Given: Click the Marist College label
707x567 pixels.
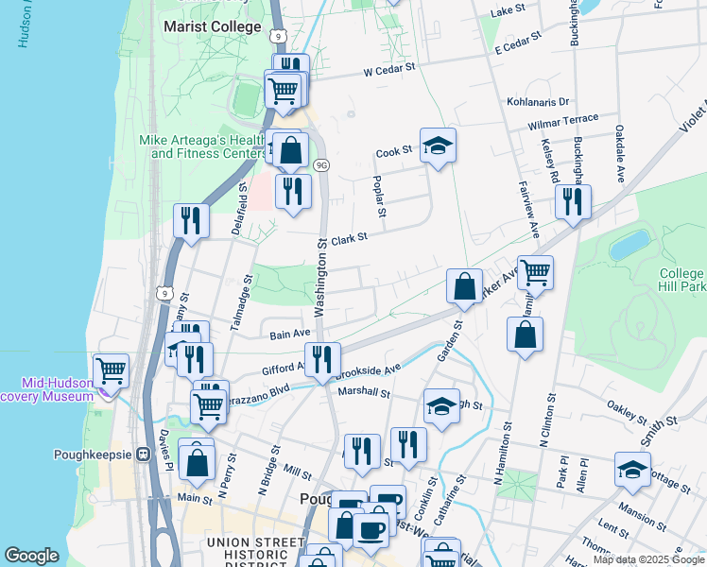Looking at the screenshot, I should [x=212, y=26].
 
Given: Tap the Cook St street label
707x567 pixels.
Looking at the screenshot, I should [x=394, y=151].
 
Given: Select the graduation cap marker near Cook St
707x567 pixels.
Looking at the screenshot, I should [x=438, y=146].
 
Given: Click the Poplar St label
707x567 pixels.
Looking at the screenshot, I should [x=380, y=198].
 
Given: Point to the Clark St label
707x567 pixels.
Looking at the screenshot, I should [x=348, y=240].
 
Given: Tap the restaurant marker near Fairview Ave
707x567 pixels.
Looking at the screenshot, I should [x=573, y=201].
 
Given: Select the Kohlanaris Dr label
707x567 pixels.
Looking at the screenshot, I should [x=538, y=101].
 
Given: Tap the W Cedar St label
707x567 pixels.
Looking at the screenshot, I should [x=389, y=69].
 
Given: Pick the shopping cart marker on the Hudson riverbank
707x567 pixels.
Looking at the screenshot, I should [x=112, y=369].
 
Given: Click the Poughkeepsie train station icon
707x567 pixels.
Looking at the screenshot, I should [x=143, y=453].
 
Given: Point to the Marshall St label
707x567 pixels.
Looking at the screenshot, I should [x=364, y=392].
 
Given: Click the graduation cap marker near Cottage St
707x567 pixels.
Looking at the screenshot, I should [x=632, y=470].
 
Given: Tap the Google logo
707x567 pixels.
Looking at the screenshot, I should [x=31, y=556].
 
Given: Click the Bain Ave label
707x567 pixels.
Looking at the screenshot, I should [x=290, y=334].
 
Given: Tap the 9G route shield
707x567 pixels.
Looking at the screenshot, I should [x=321, y=164].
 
